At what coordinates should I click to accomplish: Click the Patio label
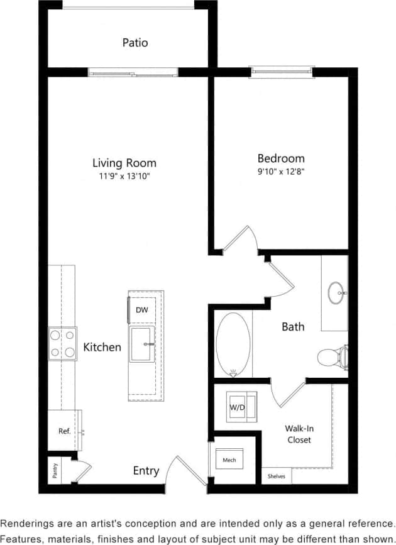pos(135,43)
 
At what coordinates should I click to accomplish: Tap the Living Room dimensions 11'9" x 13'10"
pos(124,176)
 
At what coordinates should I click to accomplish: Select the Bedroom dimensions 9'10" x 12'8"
pos(281,171)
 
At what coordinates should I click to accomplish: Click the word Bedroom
pos(281,158)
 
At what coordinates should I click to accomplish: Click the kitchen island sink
pos(143,344)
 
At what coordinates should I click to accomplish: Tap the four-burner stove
pos(63,344)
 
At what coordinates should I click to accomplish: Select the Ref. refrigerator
pos(64,431)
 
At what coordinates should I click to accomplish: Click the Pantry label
pos(55,471)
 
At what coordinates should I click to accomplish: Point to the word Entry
pos(146,471)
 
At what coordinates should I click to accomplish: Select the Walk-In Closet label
pos(299,434)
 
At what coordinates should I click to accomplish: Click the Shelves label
pos(276,476)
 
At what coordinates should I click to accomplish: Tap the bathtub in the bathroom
pos(233,344)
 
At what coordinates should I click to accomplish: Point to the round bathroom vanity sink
pos(336,292)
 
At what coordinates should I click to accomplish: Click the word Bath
pos(293,326)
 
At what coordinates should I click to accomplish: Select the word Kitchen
pos(102,347)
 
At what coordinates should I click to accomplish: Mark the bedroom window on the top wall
pos(281,71)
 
